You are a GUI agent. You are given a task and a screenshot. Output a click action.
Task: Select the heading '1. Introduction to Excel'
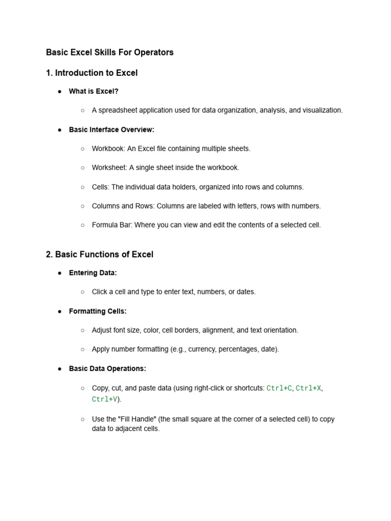pos(92,73)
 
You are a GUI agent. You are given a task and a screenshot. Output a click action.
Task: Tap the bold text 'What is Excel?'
pos(94,92)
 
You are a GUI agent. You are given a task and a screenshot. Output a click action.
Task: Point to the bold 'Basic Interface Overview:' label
pos(111,130)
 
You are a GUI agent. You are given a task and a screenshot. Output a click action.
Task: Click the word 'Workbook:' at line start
pos(108,149)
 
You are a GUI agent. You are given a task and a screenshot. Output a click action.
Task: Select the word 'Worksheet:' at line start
pos(109,167)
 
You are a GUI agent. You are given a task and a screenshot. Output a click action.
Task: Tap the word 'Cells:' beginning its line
pos(101,187)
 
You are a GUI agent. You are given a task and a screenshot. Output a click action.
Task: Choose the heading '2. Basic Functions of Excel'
pos(99,254)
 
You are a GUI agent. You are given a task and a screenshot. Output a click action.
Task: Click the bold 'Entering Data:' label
pos(93,273)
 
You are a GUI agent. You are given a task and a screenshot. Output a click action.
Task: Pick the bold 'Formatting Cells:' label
pos(98,311)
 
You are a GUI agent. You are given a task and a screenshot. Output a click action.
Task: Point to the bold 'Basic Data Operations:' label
pos(107,368)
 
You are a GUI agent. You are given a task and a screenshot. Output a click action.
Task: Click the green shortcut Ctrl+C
pos(279,388)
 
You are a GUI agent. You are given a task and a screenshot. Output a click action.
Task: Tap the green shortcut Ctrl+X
pos(308,388)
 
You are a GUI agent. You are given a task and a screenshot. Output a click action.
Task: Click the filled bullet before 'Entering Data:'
pos(60,273)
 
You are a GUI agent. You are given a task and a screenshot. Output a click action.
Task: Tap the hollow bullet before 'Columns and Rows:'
pos(82,206)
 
